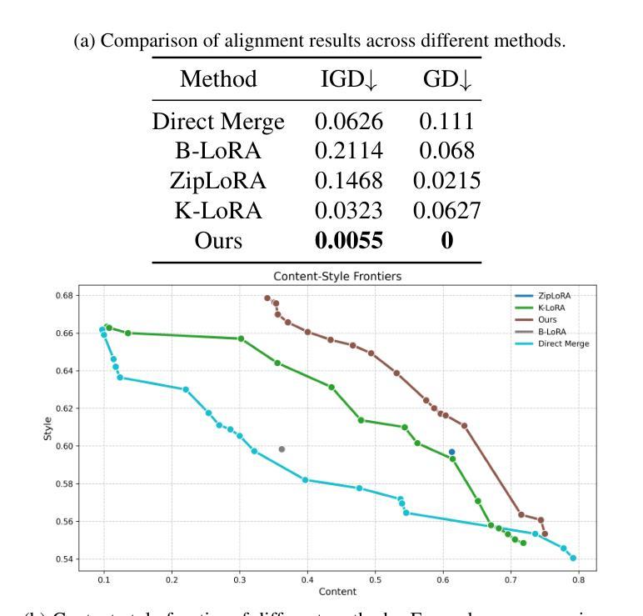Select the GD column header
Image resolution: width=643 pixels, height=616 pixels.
(x=448, y=80)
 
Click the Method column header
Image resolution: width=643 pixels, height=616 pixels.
(x=217, y=80)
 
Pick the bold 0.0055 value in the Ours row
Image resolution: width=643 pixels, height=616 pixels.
(x=349, y=242)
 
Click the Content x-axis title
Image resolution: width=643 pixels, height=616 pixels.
(x=341, y=592)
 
